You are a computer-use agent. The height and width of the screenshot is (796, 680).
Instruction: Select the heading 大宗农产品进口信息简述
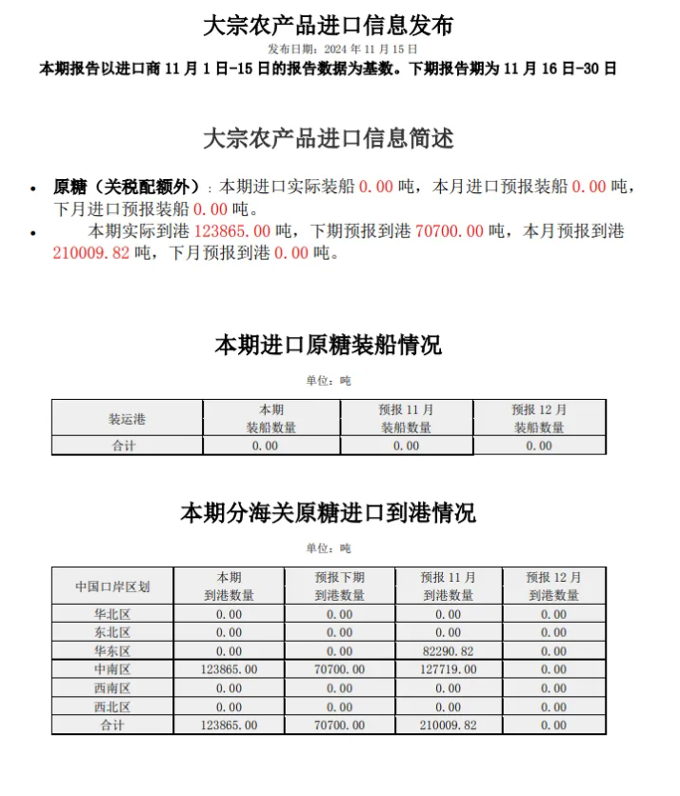(x=329, y=138)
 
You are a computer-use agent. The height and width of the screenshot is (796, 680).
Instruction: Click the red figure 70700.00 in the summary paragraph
(x=450, y=231)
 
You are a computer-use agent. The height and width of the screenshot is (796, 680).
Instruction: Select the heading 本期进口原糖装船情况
(x=329, y=345)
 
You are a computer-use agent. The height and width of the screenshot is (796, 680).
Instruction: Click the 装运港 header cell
(x=127, y=418)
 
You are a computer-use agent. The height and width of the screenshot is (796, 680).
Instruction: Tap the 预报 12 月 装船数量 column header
(x=539, y=418)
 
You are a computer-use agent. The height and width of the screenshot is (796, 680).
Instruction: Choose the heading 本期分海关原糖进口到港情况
(x=329, y=513)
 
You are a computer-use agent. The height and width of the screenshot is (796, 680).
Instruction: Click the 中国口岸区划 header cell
(x=112, y=586)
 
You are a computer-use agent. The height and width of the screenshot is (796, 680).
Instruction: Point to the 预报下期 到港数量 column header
(x=339, y=586)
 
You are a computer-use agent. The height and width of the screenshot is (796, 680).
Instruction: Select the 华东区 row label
(x=112, y=651)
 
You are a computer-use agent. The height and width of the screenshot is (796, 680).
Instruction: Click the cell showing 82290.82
(x=448, y=651)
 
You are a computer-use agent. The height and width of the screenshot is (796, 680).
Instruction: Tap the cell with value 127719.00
(x=448, y=669)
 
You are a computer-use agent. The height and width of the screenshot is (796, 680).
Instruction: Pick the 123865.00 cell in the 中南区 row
(x=229, y=669)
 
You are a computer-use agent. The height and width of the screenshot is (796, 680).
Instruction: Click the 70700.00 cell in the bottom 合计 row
(x=339, y=725)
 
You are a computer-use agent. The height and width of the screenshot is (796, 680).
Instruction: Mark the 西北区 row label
(x=112, y=706)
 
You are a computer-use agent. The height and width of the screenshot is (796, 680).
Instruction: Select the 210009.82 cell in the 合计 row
(x=448, y=725)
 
